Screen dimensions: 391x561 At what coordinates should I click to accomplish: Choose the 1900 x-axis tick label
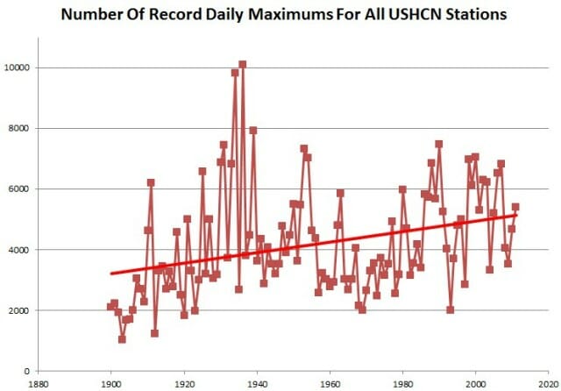pyautogui.click(x=110, y=383)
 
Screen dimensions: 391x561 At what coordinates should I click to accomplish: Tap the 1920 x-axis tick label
pyautogui.click(x=183, y=383)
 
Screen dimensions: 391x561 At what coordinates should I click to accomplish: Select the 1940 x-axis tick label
pyautogui.click(x=257, y=383)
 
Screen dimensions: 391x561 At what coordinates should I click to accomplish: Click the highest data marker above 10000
pyautogui.click(x=242, y=64)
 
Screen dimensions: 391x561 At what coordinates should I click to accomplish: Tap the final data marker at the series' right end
pyautogui.click(x=515, y=207)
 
